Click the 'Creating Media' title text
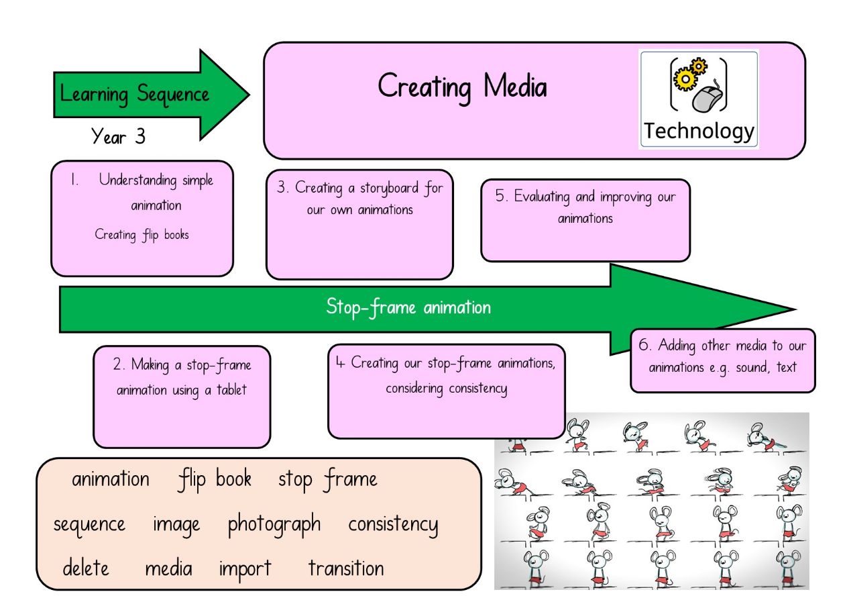(x=462, y=87)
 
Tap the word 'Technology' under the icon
(x=699, y=132)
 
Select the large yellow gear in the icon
(x=685, y=79)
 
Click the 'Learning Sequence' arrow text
(x=134, y=95)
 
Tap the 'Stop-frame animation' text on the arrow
(x=408, y=307)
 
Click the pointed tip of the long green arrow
(x=795, y=309)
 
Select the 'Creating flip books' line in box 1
(x=142, y=235)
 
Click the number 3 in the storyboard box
(x=282, y=187)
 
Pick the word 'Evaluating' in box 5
(x=542, y=197)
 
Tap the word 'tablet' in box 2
(x=231, y=389)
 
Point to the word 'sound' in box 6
(x=753, y=367)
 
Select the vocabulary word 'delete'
(x=86, y=567)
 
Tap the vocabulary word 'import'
(x=245, y=569)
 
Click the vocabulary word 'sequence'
(x=89, y=525)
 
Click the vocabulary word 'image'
(x=176, y=525)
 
